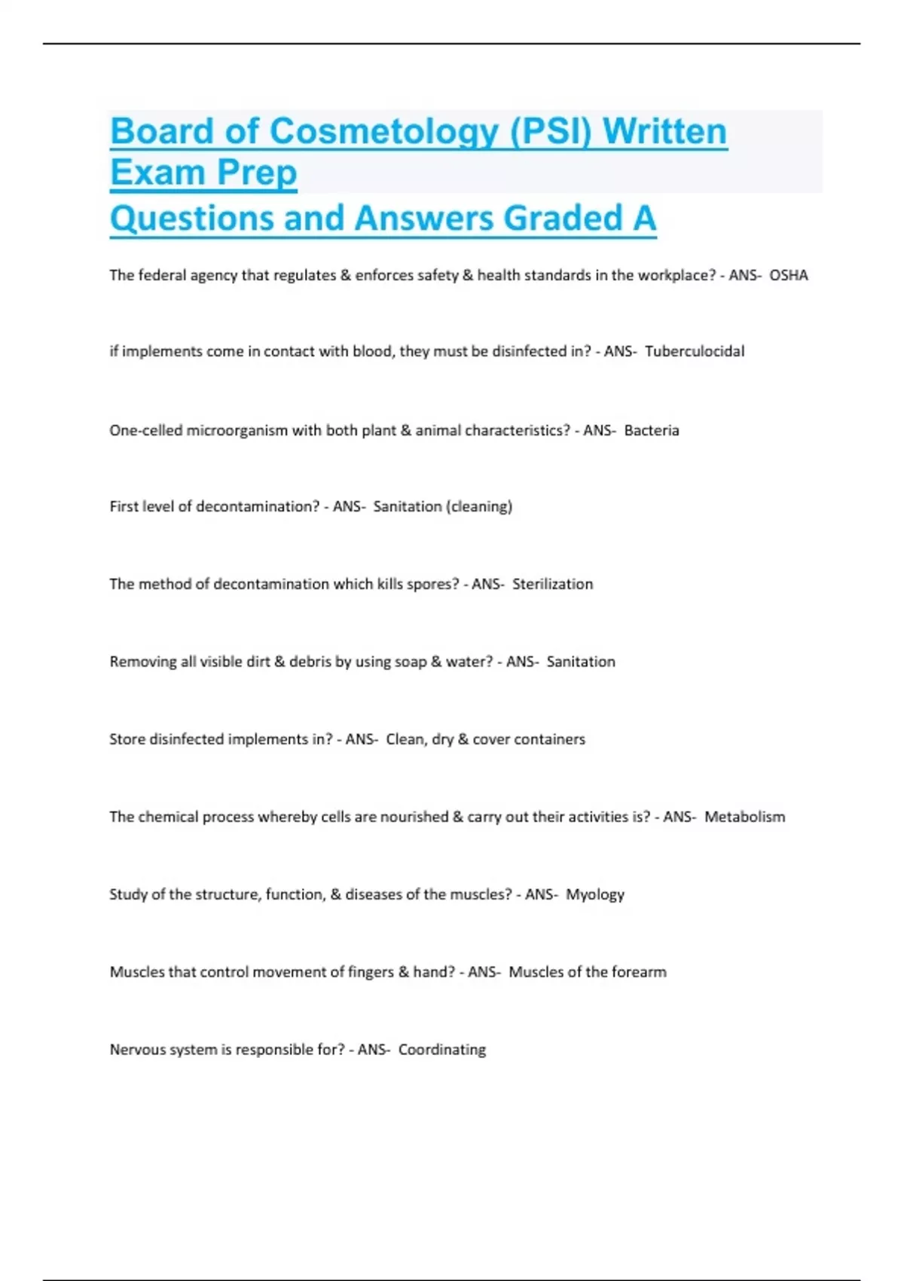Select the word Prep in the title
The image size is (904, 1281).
click(257, 173)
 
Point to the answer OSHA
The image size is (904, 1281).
click(788, 276)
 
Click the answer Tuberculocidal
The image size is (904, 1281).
click(695, 351)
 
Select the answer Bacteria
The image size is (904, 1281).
click(652, 431)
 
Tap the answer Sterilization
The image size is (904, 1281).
click(552, 584)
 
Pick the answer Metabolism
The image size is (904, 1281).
click(744, 817)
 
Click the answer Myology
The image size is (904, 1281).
click(595, 894)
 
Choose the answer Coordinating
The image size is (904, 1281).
click(441, 1050)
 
